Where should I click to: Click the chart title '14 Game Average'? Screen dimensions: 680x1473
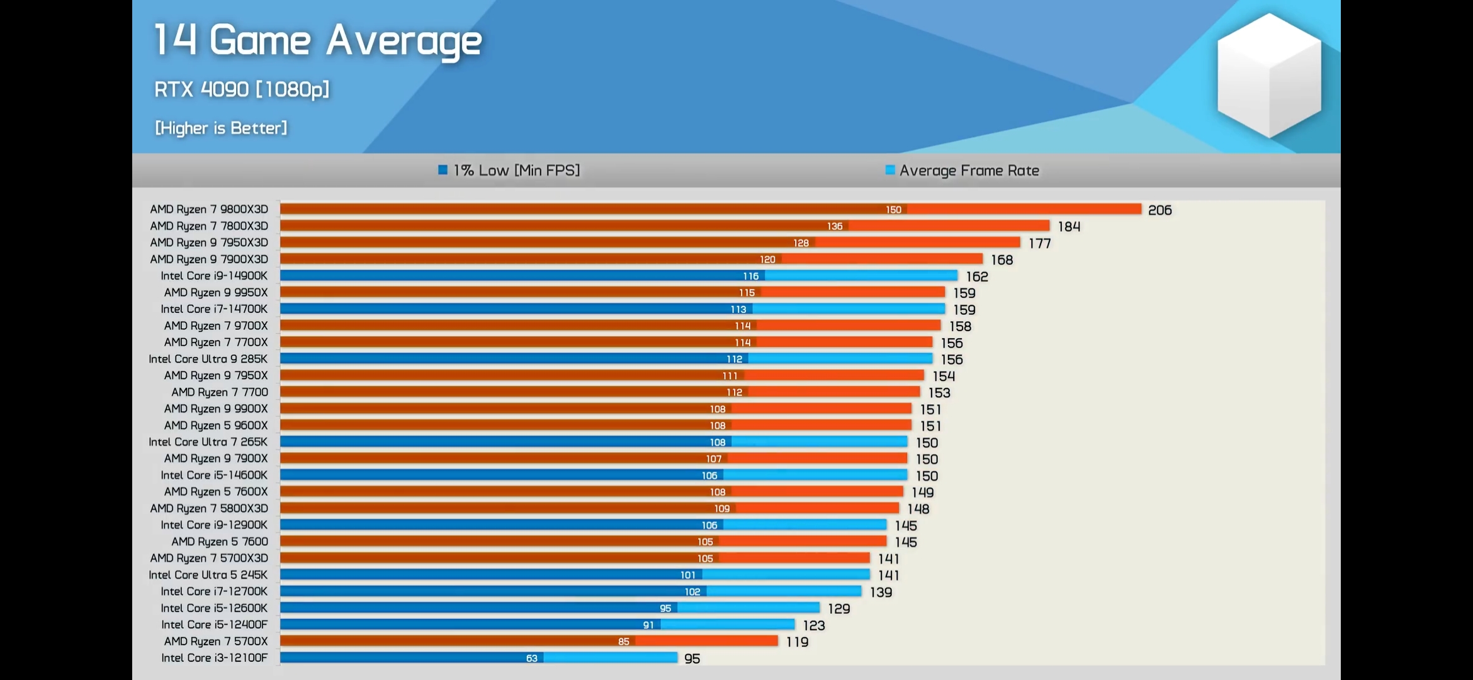318,41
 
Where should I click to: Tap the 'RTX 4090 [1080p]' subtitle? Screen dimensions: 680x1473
242,89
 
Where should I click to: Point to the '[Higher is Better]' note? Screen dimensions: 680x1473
221,128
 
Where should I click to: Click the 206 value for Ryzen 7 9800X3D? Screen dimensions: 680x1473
1160,210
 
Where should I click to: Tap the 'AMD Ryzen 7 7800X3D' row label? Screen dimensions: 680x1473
209,226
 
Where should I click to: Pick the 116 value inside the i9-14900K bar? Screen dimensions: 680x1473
750,276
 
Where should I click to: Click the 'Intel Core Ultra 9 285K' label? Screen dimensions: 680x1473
208,359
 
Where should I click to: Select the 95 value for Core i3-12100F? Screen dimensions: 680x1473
692,659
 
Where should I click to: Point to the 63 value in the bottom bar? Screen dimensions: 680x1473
532,659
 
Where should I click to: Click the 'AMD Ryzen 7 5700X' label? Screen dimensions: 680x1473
216,642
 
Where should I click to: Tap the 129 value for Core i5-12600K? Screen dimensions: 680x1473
838,609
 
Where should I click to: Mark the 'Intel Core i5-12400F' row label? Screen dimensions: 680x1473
214,625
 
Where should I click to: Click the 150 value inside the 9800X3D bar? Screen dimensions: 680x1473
893,210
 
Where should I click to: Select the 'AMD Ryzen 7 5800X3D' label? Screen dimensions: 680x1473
209,508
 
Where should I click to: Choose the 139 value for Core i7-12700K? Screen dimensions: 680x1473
881,592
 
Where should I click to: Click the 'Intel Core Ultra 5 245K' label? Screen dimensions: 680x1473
208,575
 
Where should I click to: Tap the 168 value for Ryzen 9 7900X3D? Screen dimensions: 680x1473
1002,260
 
